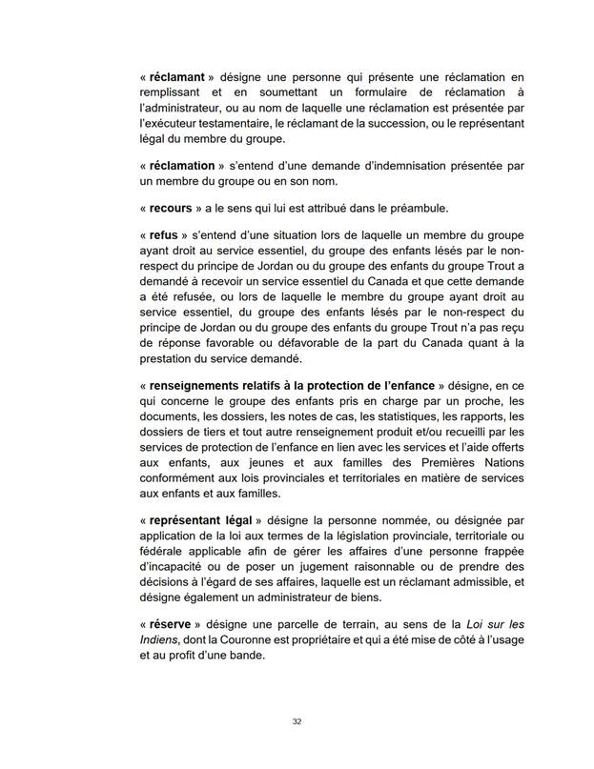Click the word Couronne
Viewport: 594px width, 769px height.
(x=237, y=638)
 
